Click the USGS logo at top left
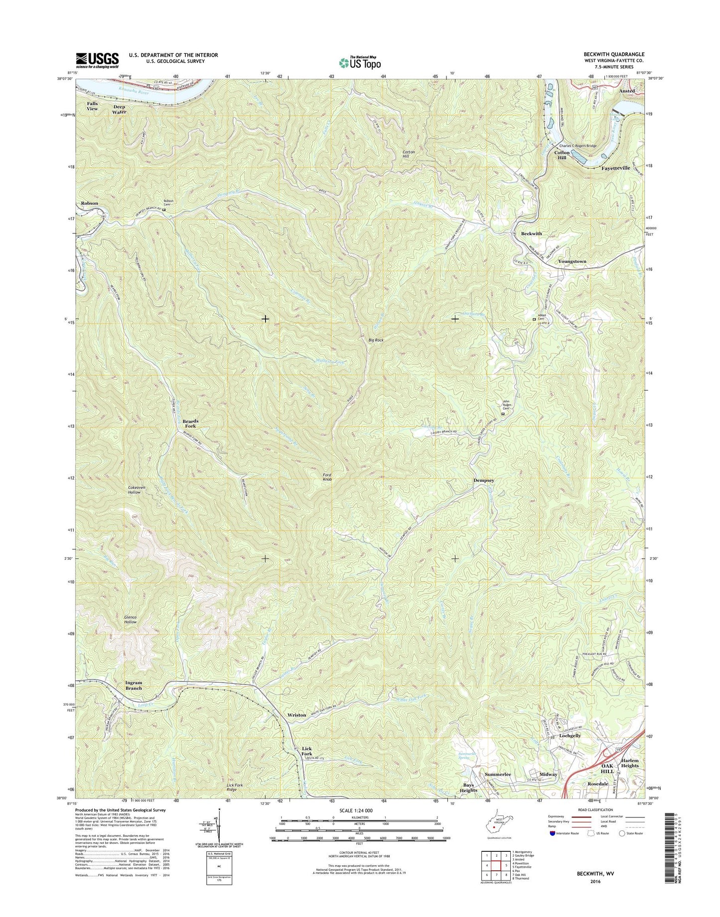(97, 60)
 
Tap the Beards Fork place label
(190, 424)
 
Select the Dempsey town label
(483, 480)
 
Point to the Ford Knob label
(327, 477)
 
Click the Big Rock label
(376, 340)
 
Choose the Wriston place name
(297, 715)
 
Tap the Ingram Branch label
(134, 686)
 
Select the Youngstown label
(572, 261)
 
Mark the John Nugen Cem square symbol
(502, 413)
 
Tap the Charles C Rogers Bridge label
(577, 146)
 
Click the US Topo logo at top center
(360, 62)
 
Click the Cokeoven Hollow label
(135, 489)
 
